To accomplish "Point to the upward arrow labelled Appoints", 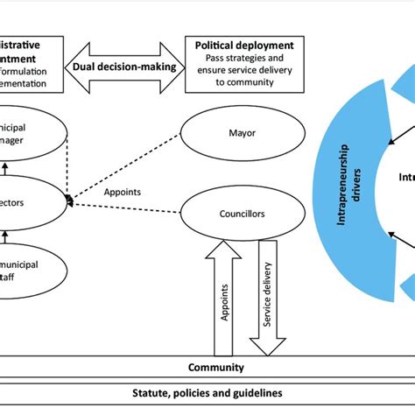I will (224, 298).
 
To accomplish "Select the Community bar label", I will (216, 368).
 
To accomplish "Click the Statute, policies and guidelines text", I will (207, 393).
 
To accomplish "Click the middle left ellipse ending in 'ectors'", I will (32, 201).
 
